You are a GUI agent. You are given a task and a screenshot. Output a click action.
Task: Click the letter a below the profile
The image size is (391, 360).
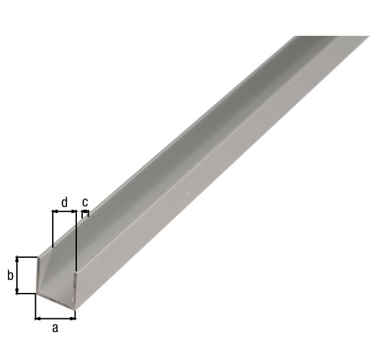tap(55, 328)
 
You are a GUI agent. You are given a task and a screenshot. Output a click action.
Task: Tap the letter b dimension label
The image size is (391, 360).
tap(10, 275)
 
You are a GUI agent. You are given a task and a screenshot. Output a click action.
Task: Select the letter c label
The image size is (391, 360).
tap(85, 202)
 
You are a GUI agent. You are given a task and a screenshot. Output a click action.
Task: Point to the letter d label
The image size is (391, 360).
tap(64, 202)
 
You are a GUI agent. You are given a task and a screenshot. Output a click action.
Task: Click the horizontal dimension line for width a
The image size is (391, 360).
tap(55, 318)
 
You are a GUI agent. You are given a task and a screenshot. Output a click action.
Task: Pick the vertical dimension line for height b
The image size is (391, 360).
tap(18, 275)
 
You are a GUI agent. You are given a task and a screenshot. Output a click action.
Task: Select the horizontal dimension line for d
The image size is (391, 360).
tap(64, 212)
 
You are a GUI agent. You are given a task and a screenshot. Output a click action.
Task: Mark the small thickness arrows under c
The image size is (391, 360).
tap(84, 212)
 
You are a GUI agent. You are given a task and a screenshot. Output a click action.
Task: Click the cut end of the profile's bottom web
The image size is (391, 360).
tap(57, 300)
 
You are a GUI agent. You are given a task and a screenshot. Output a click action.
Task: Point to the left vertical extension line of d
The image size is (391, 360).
tap(51, 228)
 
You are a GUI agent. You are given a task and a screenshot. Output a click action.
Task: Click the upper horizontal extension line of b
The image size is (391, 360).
tap(27, 256)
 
